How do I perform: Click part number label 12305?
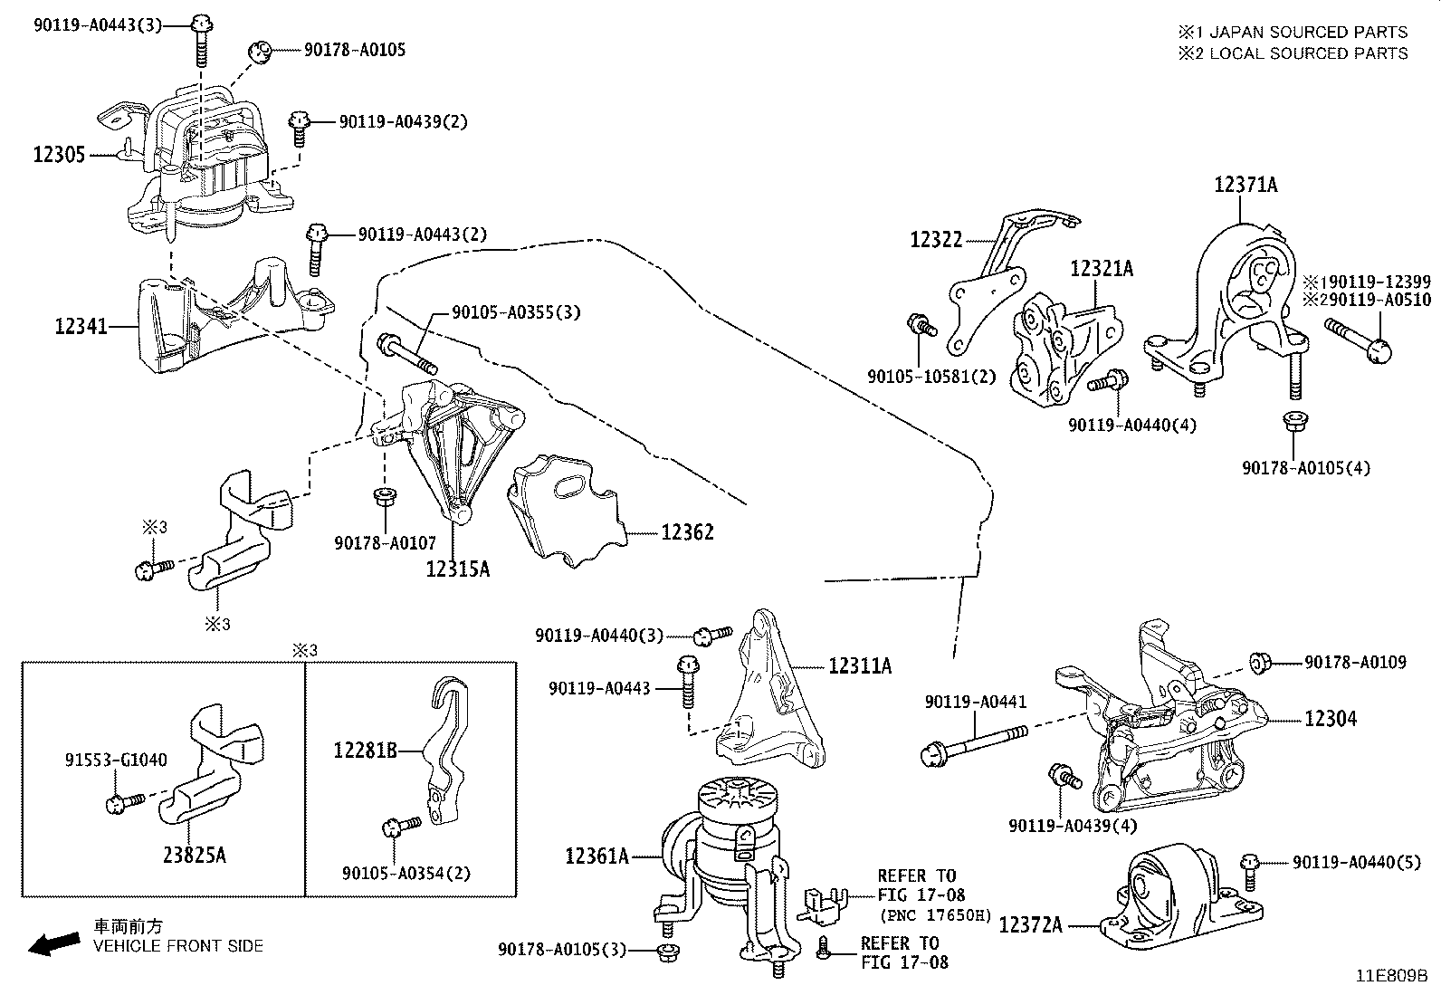tap(59, 155)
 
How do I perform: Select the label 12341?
tap(81, 326)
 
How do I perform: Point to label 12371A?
tap(1245, 185)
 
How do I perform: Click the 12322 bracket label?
tap(936, 240)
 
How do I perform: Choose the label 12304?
tap(1331, 719)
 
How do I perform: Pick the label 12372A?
tap(1031, 925)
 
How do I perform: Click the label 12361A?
tap(596, 856)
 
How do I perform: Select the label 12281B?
tap(365, 750)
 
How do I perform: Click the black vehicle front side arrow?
tap(53, 944)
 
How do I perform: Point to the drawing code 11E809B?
tap(1390, 977)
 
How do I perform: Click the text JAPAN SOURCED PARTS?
tap(1308, 32)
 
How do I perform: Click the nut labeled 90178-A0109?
tap(1257, 664)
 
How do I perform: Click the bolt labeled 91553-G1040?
tap(124, 801)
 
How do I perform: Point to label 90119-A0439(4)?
tap(1073, 826)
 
